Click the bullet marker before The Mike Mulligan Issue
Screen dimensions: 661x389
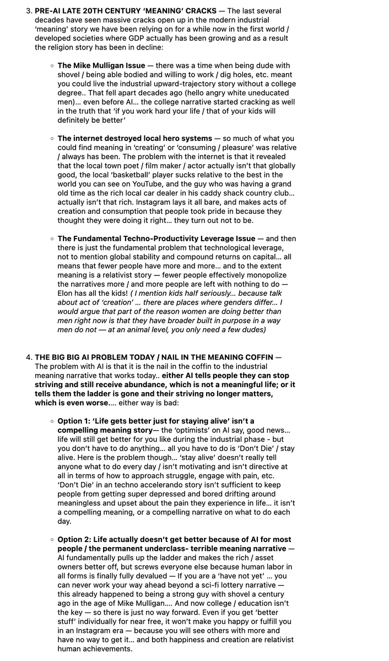point(52,66)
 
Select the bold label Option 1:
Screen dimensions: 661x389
point(77,421)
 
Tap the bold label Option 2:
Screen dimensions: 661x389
point(77,539)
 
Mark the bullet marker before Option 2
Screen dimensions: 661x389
point(52,539)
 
